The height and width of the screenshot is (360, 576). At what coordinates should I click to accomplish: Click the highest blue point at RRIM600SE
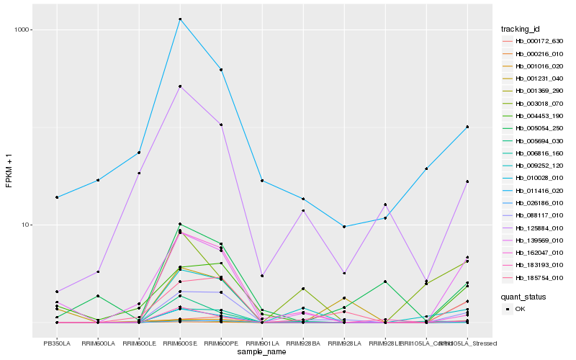(180, 19)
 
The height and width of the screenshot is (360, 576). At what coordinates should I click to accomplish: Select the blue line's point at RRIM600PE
(221, 70)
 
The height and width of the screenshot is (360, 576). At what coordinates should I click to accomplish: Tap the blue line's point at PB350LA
(57, 197)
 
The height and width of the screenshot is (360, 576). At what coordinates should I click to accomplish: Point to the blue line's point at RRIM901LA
(262, 181)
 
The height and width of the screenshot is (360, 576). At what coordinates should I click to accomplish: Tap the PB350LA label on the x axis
(57, 343)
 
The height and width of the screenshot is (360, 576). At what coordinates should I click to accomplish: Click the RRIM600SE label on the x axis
(180, 343)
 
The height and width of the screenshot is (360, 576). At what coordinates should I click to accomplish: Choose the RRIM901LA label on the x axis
(262, 343)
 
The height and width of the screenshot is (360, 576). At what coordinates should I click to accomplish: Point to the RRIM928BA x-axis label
(303, 343)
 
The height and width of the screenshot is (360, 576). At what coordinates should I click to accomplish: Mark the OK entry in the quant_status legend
(521, 309)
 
